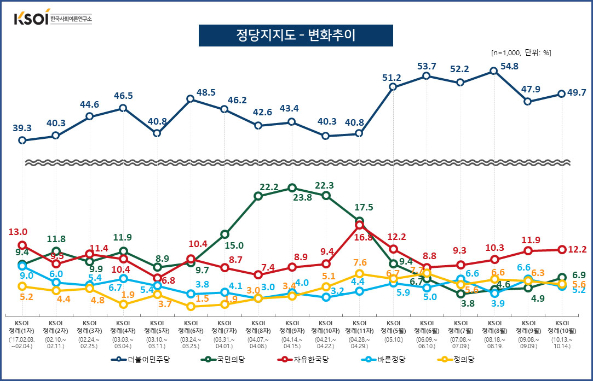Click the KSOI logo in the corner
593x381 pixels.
(x=53, y=17)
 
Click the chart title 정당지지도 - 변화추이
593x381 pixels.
(x=295, y=36)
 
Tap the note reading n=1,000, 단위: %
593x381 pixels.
(x=521, y=53)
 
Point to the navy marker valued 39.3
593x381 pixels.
(x=22, y=140)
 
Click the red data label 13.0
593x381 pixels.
(x=17, y=232)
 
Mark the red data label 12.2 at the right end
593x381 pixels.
(x=576, y=250)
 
